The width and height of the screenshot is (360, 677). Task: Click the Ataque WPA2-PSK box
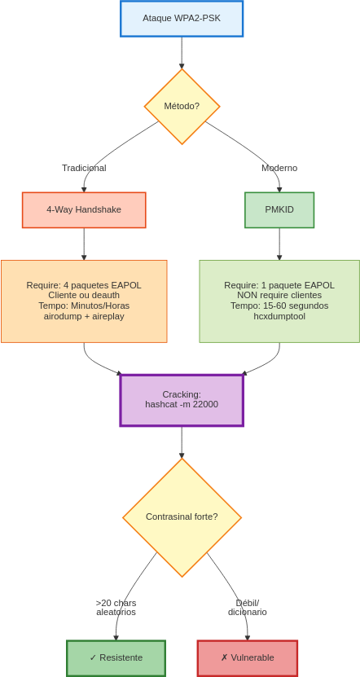pyautogui.click(x=182, y=19)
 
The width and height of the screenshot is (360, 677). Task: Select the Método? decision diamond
pyautogui.click(x=182, y=106)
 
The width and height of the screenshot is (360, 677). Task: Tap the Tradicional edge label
pyautogui.click(x=84, y=168)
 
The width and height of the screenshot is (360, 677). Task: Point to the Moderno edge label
pyautogui.click(x=279, y=168)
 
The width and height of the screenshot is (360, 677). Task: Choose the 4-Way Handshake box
pyautogui.click(x=84, y=210)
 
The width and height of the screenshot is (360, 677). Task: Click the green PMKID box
pyautogui.click(x=279, y=210)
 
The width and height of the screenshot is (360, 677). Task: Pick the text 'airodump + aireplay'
pyautogui.click(x=84, y=316)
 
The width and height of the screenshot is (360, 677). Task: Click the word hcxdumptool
pyautogui.click(x=279, y=316)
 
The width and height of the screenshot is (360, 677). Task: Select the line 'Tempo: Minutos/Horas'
pyautogui.click(x=84, y=306)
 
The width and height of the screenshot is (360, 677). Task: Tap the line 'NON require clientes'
pyautogui.click(x=279, y=296)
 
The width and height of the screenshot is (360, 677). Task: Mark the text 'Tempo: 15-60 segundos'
pyautogui.click(x=279, y=306)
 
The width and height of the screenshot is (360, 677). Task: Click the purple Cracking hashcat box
pyautogui.click(x=182, y=400)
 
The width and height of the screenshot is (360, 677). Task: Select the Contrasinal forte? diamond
pyautogui.click(x=182, y=517)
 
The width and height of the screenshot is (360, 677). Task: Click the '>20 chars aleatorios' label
pyautogui.click(x=116, y=608)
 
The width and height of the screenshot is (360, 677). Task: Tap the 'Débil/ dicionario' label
pyautogui.click(x=248, y=608)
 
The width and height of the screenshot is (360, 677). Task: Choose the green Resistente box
pyautogui.click(x=116, y=658)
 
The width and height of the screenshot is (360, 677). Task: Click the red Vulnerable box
pyautogui.click(x=248, y=658)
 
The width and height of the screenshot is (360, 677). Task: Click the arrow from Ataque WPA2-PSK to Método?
pyautogui.click(x=182, y=53)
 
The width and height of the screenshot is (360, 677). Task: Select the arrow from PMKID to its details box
pyautogui.click(x=279, y=244)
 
